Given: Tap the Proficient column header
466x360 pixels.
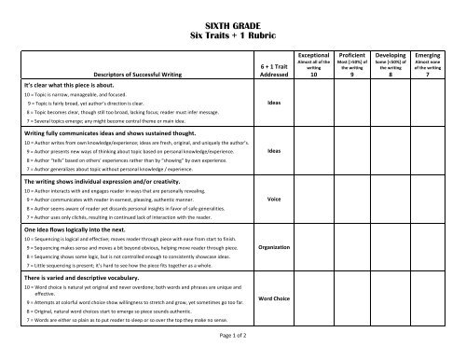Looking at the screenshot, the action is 352,55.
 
